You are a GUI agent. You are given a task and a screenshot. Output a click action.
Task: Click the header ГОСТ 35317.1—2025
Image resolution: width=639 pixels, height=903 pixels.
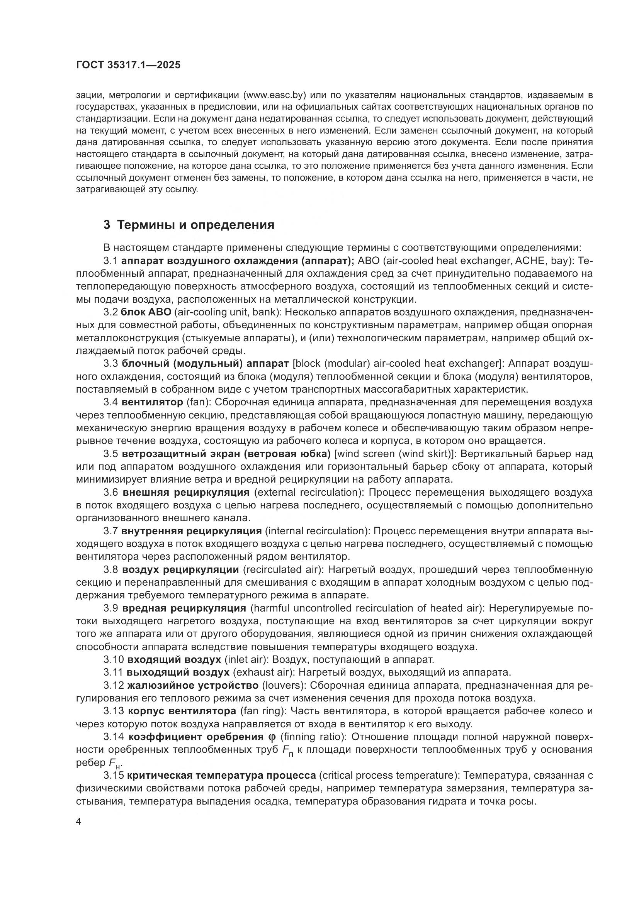tap(128, 65)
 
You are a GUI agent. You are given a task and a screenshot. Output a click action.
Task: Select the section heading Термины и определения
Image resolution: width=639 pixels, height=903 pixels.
tap(195, 225)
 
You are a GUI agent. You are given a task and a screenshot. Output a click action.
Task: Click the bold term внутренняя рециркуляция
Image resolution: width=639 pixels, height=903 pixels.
tap(191, 531)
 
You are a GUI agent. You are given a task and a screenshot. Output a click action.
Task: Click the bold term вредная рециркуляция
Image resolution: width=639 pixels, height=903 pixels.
tap(184, 608)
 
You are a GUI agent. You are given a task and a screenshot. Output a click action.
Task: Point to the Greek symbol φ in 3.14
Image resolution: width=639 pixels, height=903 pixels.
tap(272, 737)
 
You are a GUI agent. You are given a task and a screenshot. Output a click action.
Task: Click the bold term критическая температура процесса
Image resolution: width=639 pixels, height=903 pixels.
tap(221, 776)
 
